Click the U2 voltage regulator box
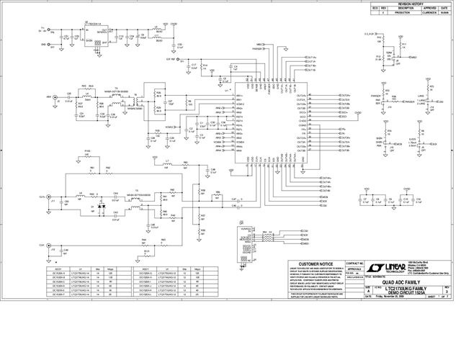click(97, 34)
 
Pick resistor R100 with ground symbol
click(88, 156)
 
